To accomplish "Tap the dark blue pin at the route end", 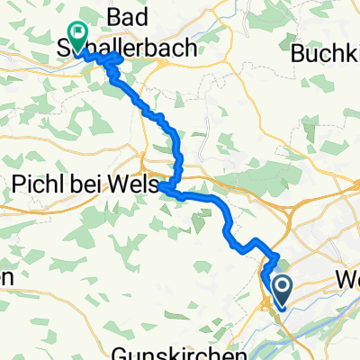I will tap(282, 290).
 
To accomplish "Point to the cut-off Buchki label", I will tap(325, 53).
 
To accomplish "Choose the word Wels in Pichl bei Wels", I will tap(134, 184).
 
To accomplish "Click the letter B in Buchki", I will tap(298, 53).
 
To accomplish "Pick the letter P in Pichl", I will tap(17, 184).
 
